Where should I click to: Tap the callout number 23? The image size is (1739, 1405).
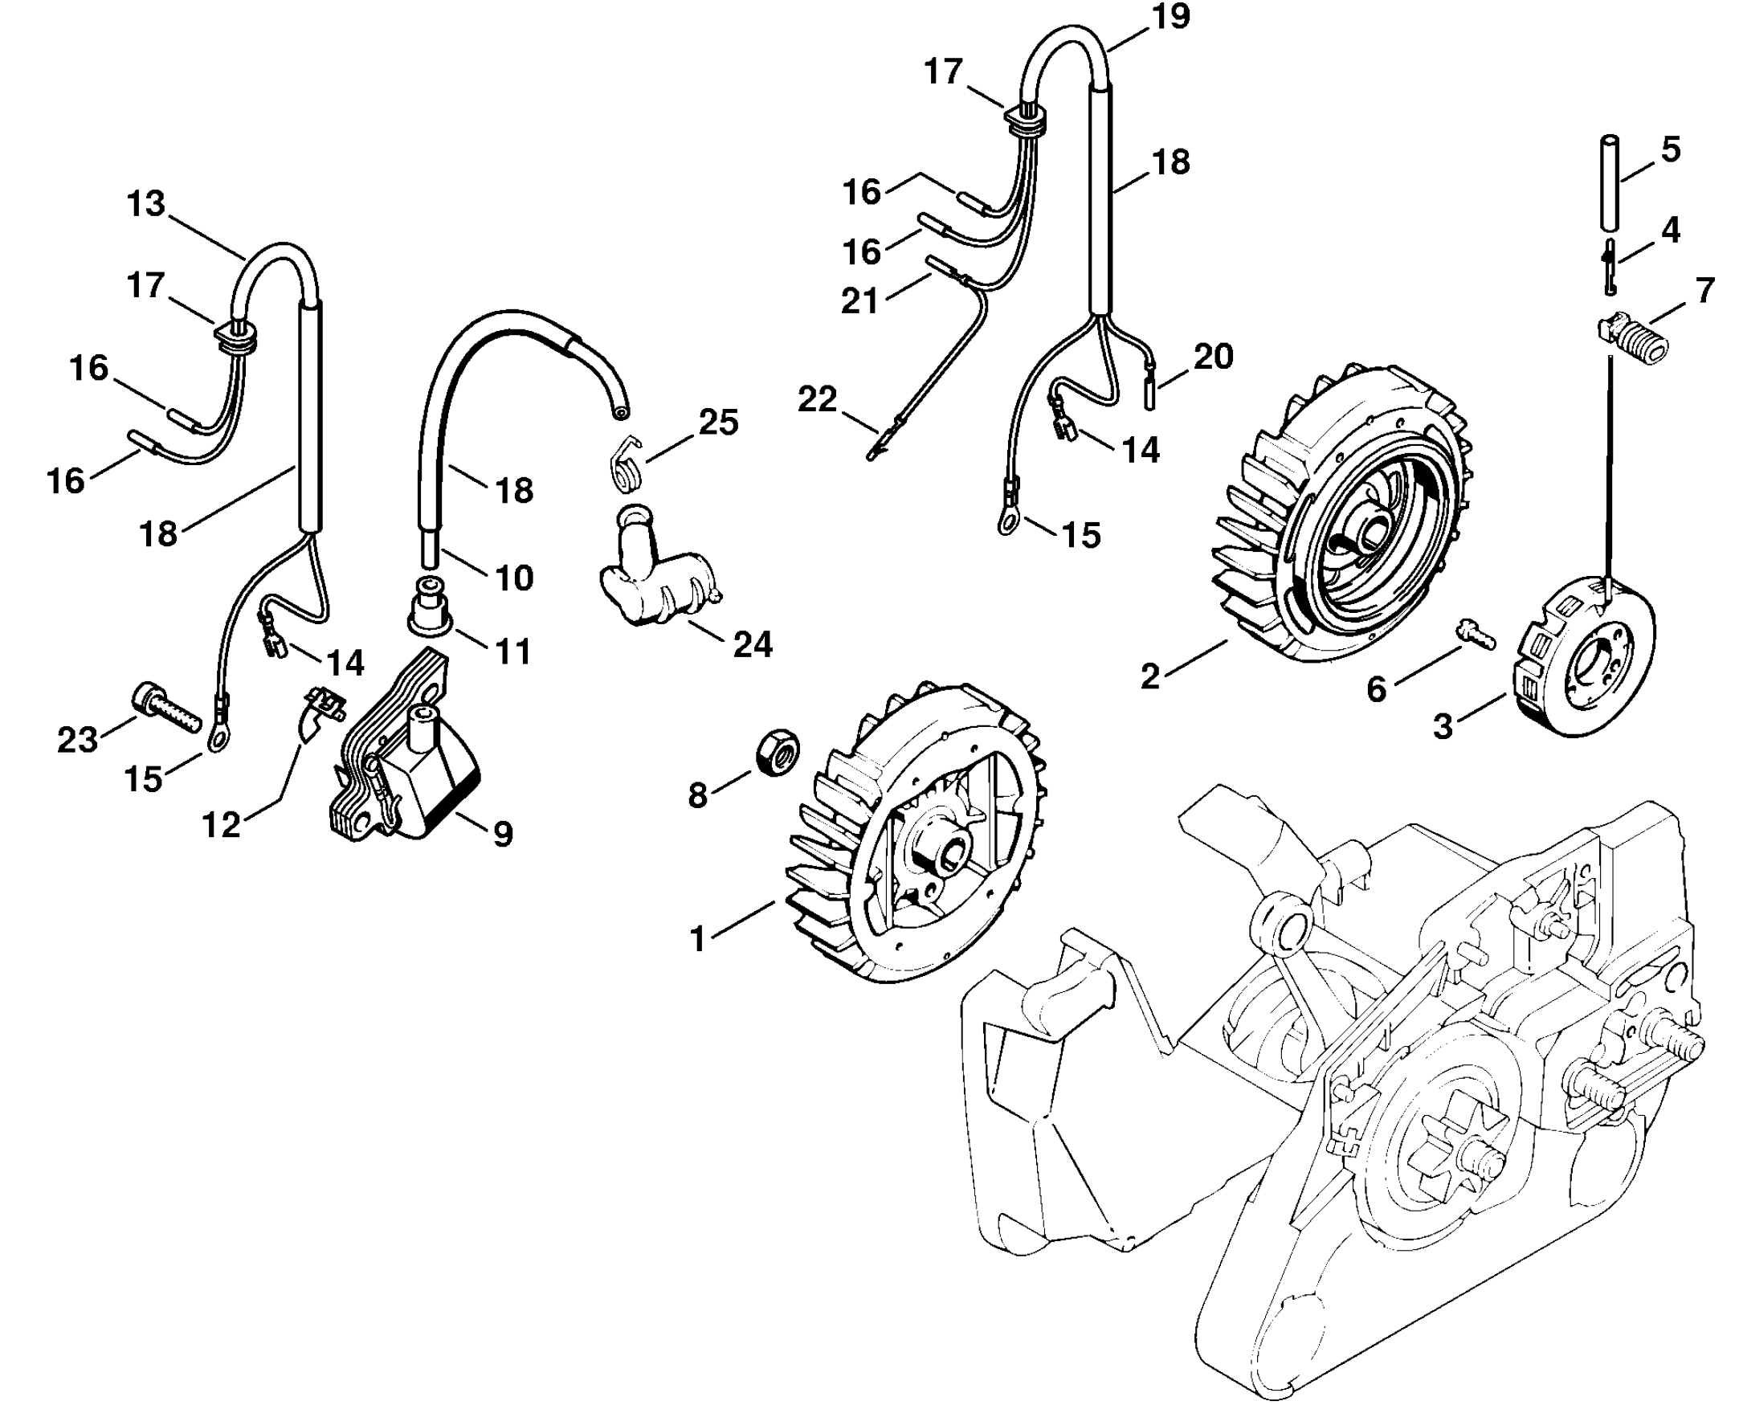pyautogui.click(x=78, y=740)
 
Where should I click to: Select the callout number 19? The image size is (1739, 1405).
pyautogui.click(x=1170, y=17)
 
